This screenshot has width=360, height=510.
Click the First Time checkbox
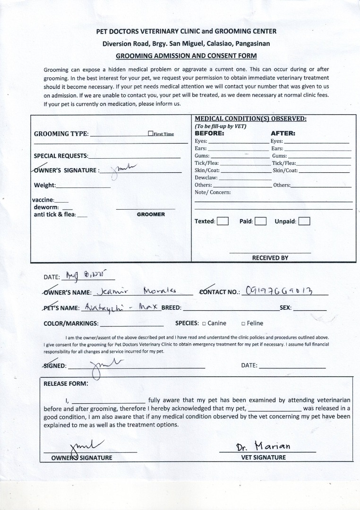(151, 134)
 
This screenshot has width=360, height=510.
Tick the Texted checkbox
(223, 221)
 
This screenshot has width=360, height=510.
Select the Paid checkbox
(260, 221)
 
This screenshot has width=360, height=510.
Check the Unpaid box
(304, 221)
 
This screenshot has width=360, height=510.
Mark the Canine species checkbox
(204, 323)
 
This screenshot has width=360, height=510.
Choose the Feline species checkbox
(243, 323)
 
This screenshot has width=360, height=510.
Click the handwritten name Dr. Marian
(264, 446)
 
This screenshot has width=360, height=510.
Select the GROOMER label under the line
(151, 214)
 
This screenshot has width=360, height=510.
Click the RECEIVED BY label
(270, 258)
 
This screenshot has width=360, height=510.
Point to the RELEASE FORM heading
(66, 383)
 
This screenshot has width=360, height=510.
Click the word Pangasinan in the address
(251, 43)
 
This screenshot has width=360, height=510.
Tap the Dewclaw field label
(206, 178)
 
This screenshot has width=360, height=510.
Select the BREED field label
(171, 307)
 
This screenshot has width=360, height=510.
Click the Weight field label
(45, 185)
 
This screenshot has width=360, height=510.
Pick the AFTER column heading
(283, 133)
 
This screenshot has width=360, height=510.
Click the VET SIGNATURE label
(263, 457)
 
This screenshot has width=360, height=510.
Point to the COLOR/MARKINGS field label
(71, 323)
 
